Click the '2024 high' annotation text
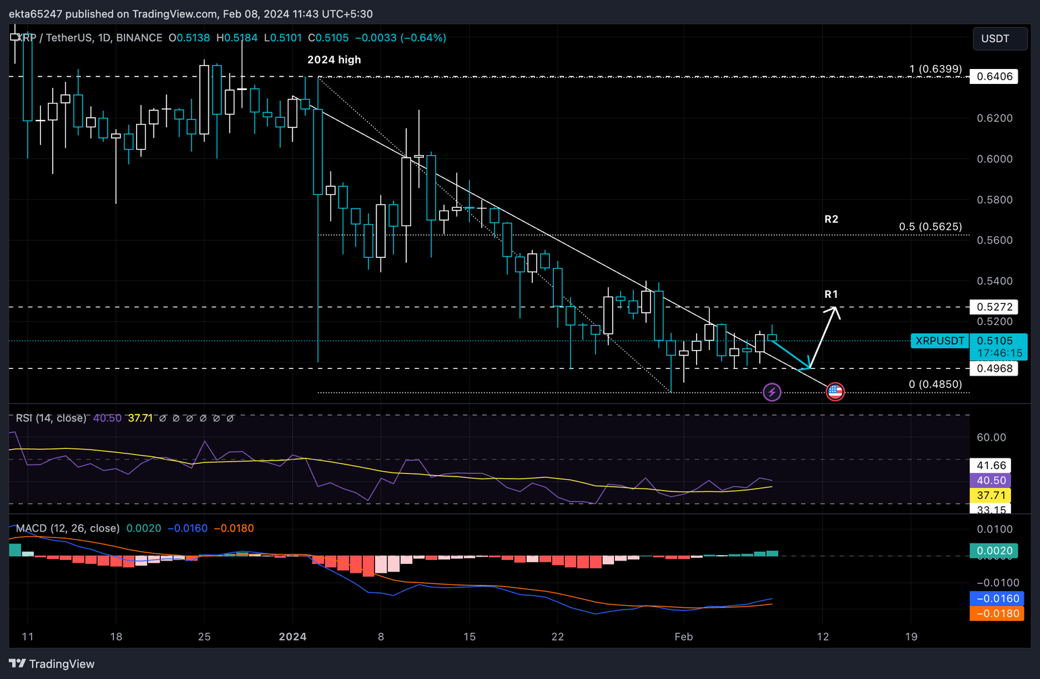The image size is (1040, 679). [x=334, y=60]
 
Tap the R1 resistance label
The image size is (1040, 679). [x=831, y=294]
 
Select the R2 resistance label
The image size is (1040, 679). [x=831, y=219]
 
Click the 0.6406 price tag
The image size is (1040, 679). [x=994, y=76]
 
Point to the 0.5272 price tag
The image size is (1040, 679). [x=994, y=307]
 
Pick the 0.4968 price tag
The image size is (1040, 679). [x=994, y=368]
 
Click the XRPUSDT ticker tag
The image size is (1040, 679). [x=940, y=341]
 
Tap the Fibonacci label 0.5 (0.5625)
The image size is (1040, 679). [x=930, y=227]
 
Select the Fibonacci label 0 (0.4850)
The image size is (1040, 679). [x=934, y=385]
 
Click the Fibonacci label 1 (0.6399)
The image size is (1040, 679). [x=935, y=69]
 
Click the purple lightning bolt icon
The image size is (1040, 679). [x=772, y=392]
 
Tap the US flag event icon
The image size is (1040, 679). [x=835, y=391]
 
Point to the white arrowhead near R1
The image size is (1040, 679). [x=835, y=311]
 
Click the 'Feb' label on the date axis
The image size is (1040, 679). [x=684, y=636]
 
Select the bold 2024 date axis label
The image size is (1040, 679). [x=292, y=636]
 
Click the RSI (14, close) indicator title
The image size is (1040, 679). [x=51, y=418]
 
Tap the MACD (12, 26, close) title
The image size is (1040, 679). [x=68, y=528]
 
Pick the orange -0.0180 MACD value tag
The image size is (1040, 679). [x=997, y=613]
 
